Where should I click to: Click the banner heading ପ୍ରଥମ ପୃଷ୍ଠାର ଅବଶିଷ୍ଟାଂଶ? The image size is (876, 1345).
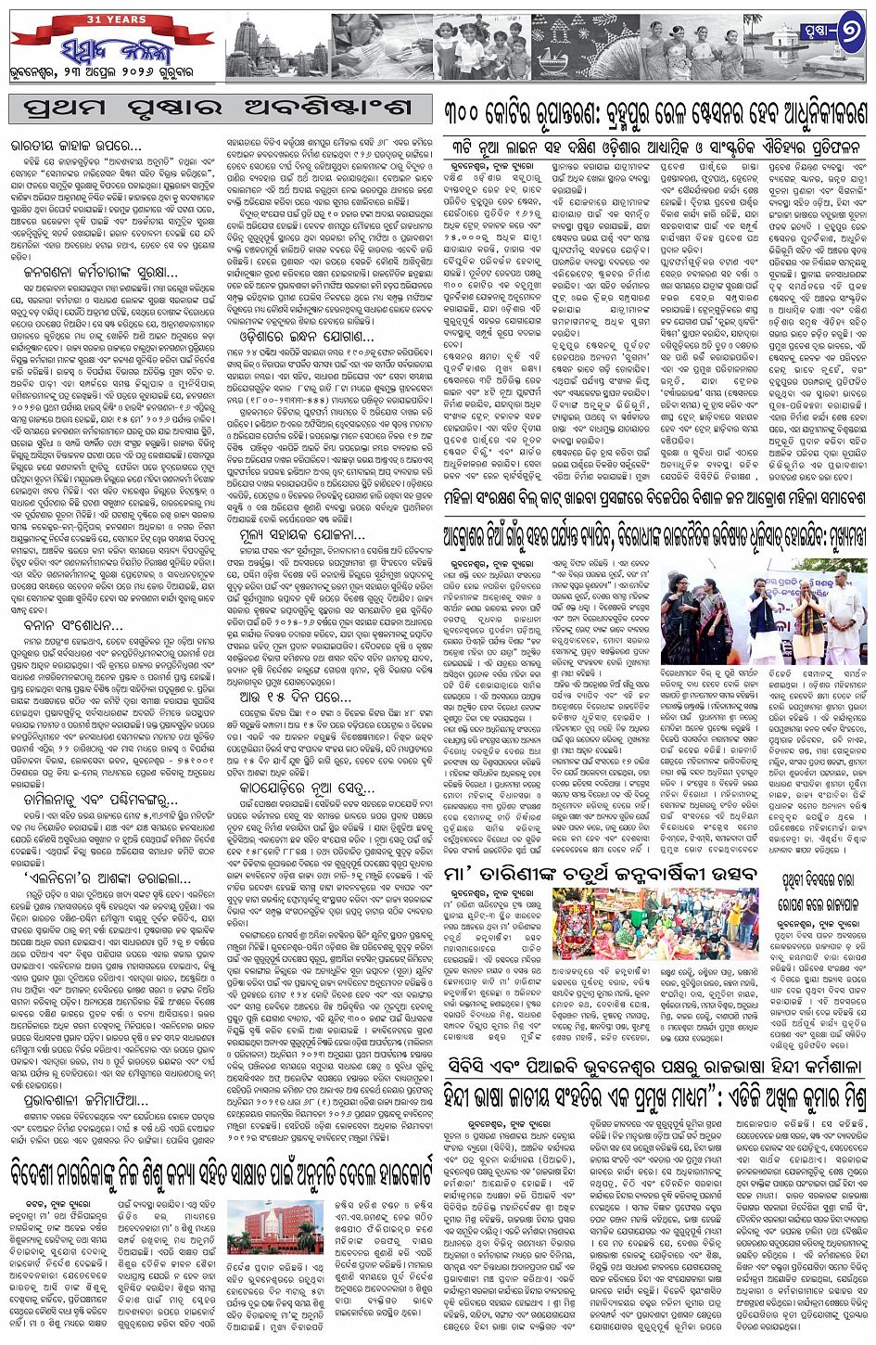coord(221,108)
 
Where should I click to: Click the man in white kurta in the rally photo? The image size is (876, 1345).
coord(842,612)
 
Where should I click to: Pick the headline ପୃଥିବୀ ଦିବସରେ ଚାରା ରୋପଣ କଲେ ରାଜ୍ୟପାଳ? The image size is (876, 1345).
coord(817,889)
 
